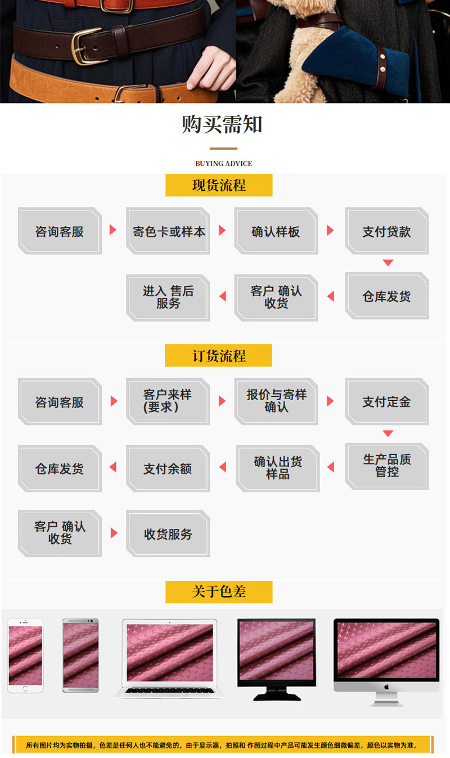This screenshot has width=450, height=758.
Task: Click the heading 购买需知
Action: point(222,124)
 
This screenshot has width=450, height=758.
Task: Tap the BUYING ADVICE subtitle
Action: point(224,164)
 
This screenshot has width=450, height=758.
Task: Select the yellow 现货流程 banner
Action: point(219,185)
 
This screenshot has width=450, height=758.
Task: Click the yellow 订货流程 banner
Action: point(218,356)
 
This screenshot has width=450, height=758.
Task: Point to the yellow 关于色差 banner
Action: point(219,592)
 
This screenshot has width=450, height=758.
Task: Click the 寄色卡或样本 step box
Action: point(168,231)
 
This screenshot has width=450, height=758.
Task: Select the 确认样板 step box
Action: point(276,231)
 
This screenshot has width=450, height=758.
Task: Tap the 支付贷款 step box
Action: point(386,231)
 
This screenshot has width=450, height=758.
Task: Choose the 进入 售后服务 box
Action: point(168,298)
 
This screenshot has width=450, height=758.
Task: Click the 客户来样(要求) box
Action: point(168,401)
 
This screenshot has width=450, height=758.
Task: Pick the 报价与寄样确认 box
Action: point(276,401)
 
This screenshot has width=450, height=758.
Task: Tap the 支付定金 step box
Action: point(386,401)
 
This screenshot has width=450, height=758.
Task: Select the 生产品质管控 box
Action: point(387,466)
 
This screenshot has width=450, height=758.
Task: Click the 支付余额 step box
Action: point(168,468)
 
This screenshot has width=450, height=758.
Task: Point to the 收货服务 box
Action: point(168,533)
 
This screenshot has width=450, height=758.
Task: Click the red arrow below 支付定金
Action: point(388,433)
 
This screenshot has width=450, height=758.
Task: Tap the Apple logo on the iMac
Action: point(386,687)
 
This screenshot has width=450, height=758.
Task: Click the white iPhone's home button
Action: point(25,688)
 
